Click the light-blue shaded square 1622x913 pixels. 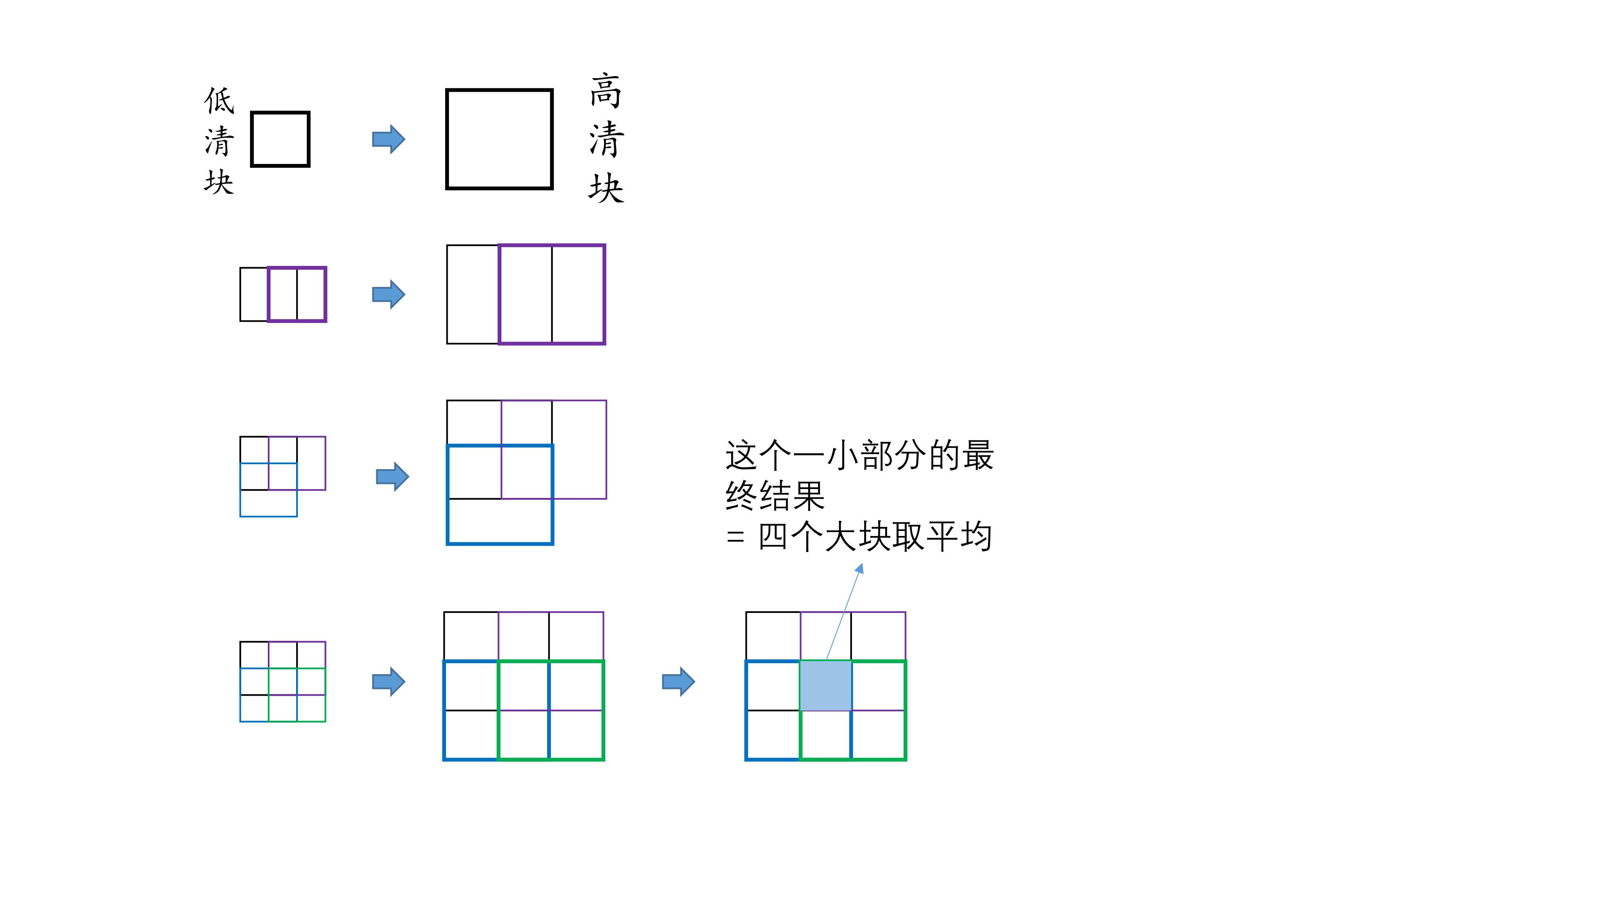[x=825, y=686]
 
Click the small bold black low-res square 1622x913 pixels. [x=280, y=139]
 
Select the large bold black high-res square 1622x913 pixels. [x=499, y=139]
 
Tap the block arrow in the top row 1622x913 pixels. [x=389, y=139]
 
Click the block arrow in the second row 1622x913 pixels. [x=389, y=294]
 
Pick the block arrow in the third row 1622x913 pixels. [x=392, y=476]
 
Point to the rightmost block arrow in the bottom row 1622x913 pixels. [x=678, y=681]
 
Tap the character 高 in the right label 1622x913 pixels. [x=606, y=91]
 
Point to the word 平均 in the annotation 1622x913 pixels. [x=959, y=536]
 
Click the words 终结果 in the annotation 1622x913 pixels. [x=775, y=496]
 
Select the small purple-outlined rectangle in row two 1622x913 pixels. [x=297, y=294]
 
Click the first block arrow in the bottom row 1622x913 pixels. [x=389, y=681]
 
